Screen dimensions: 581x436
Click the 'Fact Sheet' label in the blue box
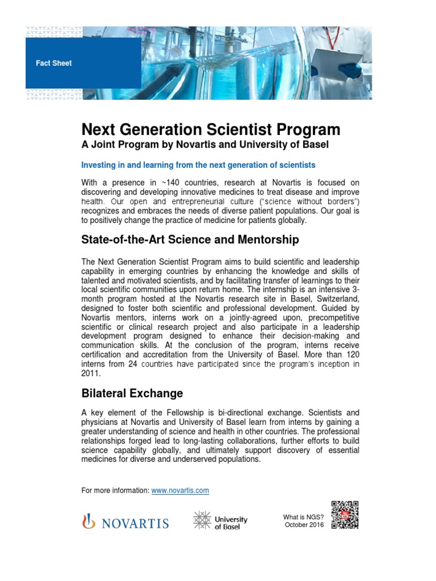(x=54, y=64)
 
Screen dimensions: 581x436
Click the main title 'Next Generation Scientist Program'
(x=211, y=129)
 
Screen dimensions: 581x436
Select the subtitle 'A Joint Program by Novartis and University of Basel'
(x=205, y=145)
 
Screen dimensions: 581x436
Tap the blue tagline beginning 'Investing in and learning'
(x=198, y=165)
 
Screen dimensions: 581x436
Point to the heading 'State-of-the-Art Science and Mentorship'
(x=190, y=240)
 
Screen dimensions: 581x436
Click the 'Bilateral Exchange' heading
(x=132, y=393)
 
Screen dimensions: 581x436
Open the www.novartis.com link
(x=180, y=490)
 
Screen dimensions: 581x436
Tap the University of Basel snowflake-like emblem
(x=202, y=521)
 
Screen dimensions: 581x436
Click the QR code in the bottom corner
(x=345, y=515)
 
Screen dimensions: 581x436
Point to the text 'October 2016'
(x=304, y=525)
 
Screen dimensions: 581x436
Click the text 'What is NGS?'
(x=303, y=517)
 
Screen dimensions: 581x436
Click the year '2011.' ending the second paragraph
(x=91, y=374)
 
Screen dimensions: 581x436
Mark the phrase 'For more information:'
(x=116, y=490)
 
